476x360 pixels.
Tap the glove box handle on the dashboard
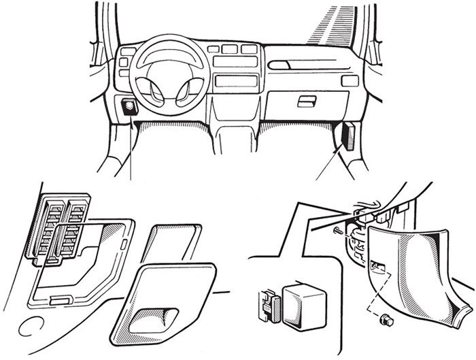tap(307, 101)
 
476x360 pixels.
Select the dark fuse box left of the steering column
tap(129, 107)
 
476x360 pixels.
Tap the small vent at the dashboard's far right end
tap(350, 81)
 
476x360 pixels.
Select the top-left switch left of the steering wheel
tap(123, 52)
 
